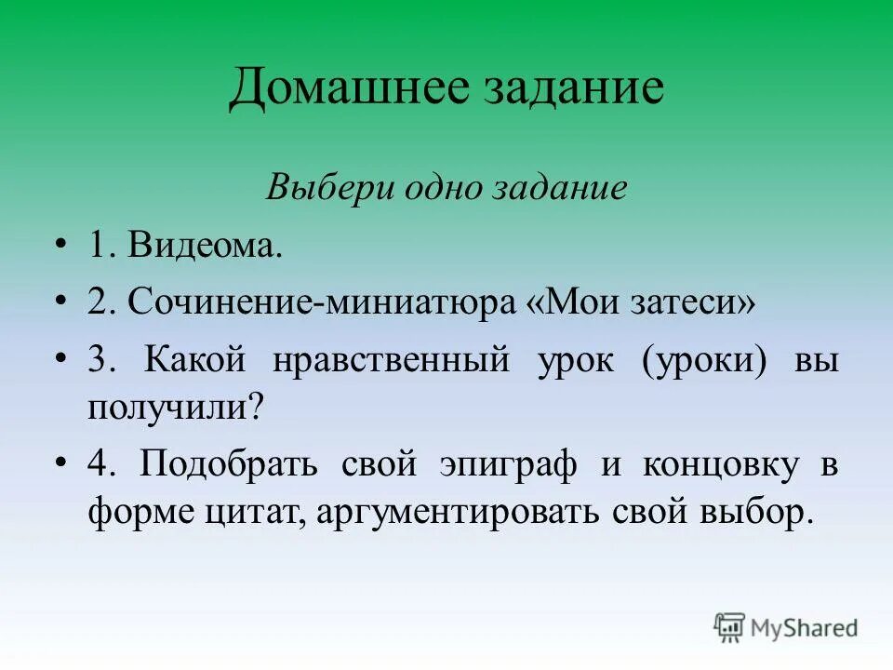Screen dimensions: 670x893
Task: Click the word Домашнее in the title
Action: pyautogui.click(x=346, y=89)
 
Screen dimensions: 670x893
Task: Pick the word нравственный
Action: pyautogui.click(x=391, y=360)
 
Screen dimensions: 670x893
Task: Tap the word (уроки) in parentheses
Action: pyautogui.click(x=709, y=360)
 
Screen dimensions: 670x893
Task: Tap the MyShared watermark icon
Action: pyautogui.click(x=729, y=627)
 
